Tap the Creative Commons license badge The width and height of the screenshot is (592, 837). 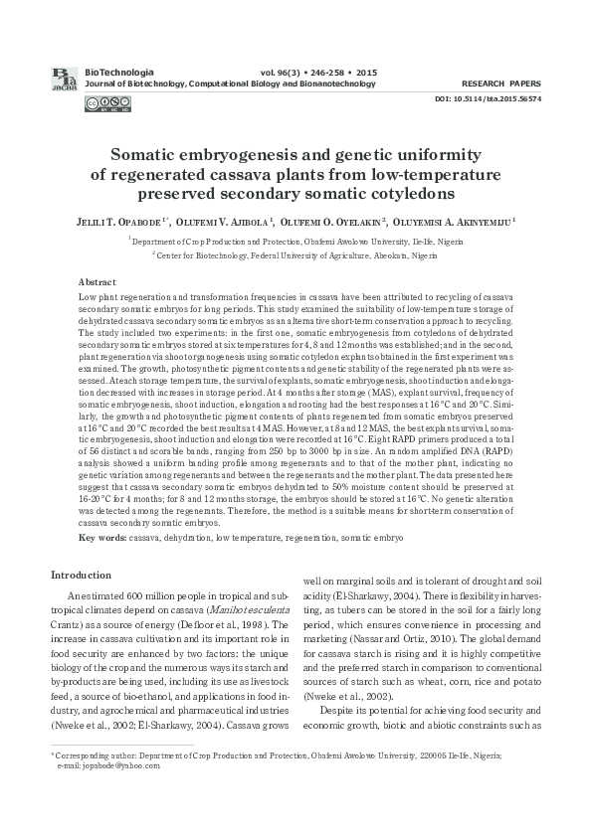click(99, 102)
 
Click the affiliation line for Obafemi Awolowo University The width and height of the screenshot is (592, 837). click(296, 241)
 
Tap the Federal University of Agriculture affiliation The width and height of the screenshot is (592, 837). click(296, 255)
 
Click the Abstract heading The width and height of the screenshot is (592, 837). click(97, 283)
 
